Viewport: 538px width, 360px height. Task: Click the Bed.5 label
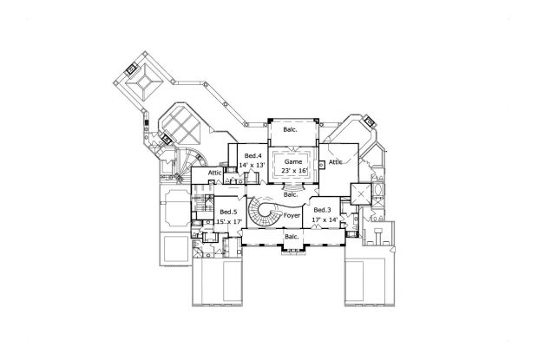click(x=228, y=212)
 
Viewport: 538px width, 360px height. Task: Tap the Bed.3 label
click(x=322, y=211)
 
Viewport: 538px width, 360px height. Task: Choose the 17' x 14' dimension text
click(x=322, y=220)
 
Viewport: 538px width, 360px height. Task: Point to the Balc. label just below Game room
click(x=292, y=194)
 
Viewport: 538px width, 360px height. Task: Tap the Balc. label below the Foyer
click(x=292, y=235)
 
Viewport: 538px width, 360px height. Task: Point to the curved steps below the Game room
click(x=295, y=186)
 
